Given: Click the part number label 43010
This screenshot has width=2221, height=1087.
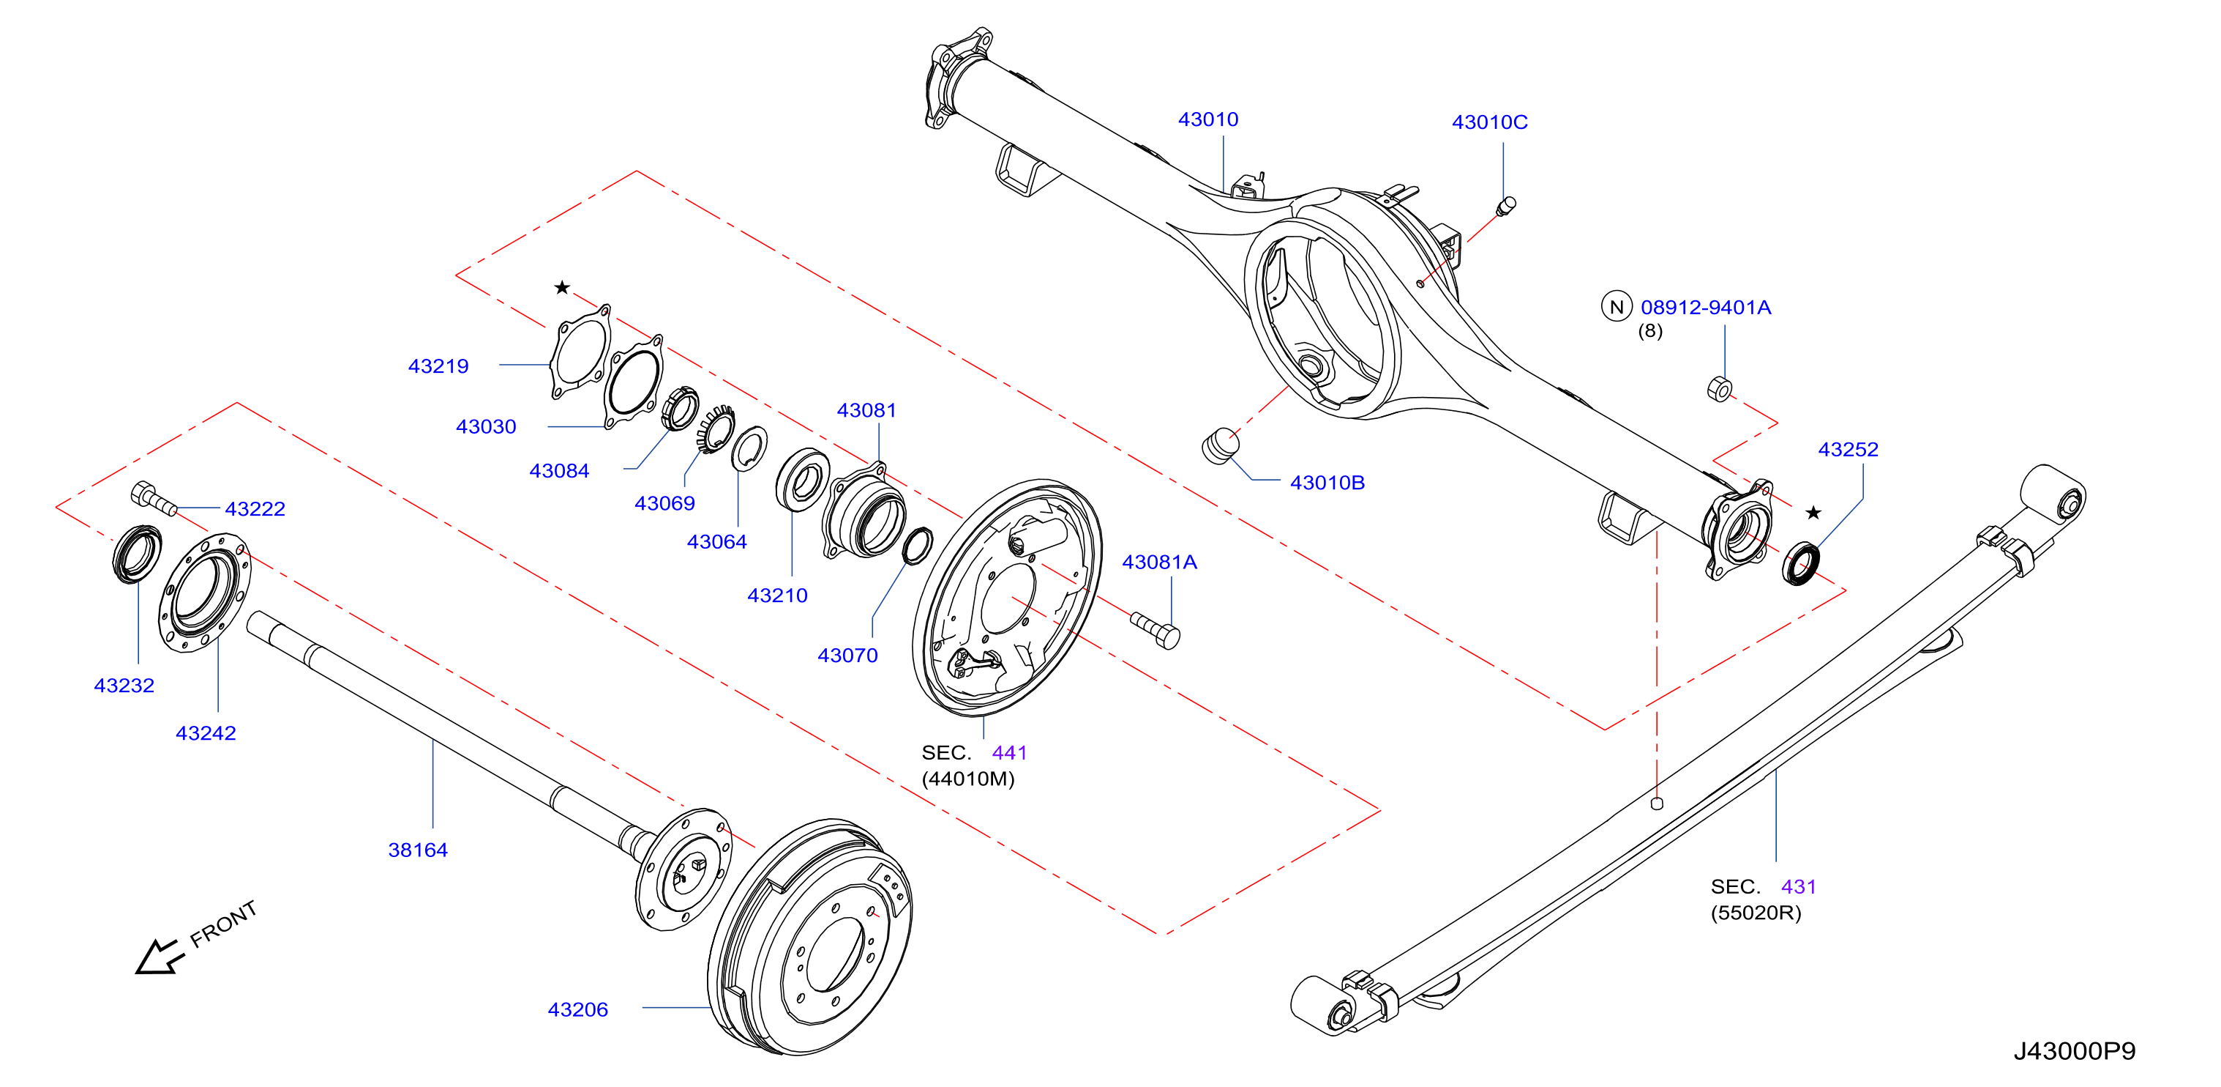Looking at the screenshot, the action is click(x=1208, y=119).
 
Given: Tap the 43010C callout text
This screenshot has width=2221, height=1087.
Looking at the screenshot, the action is click(x=1490, y=122).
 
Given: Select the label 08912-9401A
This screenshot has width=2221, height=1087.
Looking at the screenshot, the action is click(x=1705, y=307).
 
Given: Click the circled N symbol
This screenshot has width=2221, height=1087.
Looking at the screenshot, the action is click(x=1617, y=306).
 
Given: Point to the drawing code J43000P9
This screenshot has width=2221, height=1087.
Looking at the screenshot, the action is click(x=2075, y=1051).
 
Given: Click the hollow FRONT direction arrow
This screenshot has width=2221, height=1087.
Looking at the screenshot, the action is click(x=160, y=957).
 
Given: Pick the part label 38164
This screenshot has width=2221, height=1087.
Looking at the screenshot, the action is click(x=418, y=850).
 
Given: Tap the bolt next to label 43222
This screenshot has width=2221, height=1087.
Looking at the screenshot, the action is click(x=154, y=498).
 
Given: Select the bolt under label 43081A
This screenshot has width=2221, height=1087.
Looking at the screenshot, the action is click(x=1156, y=630).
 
